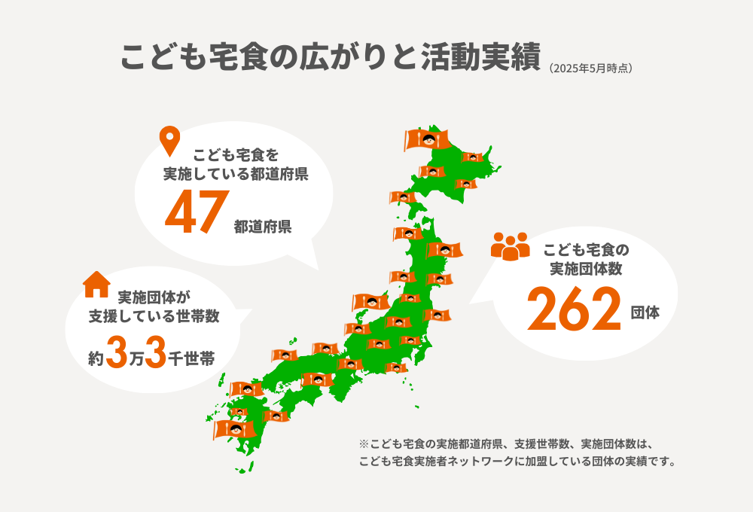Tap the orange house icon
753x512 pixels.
[x=96, y=285]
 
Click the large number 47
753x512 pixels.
[x=197, y=212]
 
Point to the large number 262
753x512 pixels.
[x=574, y=310]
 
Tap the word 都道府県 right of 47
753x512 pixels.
[x=262, y=227]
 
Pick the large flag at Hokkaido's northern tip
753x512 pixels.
[x=427, y=139]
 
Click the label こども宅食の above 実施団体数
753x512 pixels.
[x=585, y=250]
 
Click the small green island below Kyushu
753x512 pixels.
[x=241, y=471]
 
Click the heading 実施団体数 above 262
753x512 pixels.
[x=585, y=269]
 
